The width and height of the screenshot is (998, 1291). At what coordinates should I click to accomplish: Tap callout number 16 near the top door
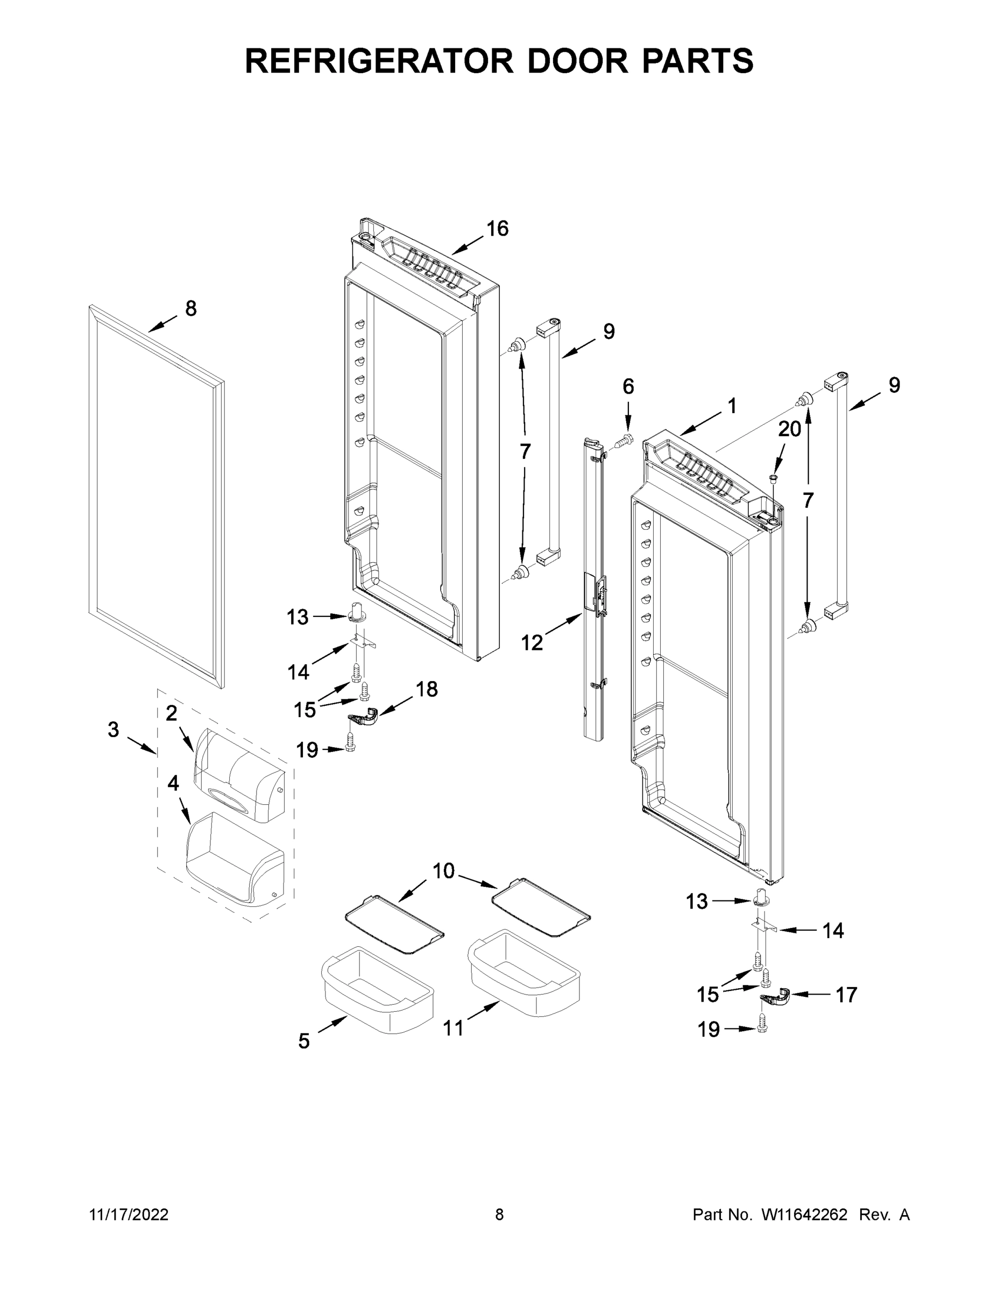click(x=497, y=228)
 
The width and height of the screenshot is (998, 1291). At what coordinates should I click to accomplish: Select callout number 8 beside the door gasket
click(x=191, y=308)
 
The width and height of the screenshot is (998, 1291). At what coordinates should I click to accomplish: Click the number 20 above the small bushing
click(x=789, y=429)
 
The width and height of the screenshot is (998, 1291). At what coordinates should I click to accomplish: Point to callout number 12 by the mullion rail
click(x=532, y=643)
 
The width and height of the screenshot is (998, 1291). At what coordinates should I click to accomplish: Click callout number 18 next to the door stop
click(x=426, y=689)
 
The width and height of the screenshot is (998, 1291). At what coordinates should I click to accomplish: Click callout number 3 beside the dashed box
click(x=114, y=729)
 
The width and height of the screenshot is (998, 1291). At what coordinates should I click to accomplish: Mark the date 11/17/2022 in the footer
click(x=129, y=1215)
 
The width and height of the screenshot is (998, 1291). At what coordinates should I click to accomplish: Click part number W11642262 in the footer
click(x=804, y=1215)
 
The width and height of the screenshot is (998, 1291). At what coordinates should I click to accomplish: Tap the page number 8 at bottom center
click(x=499, y=1215)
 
